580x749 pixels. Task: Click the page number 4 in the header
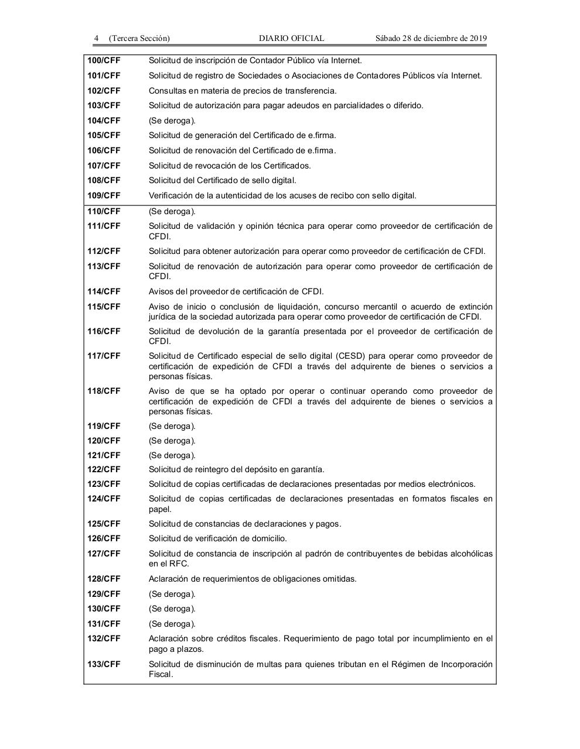96,39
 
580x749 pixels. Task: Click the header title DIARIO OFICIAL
291,39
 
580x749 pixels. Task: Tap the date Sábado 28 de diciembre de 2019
431,39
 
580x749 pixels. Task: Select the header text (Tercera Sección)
139,39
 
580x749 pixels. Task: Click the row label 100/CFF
104,60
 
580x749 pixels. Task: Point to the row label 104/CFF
104,121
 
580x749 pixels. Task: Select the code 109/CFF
104,195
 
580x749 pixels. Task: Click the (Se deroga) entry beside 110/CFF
172,211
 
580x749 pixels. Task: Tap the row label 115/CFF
104,307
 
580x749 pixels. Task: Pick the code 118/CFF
104,391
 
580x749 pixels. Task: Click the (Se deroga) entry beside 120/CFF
172,441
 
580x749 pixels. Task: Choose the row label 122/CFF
104,469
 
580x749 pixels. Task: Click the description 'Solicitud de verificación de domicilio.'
217,538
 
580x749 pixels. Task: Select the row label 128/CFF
104,579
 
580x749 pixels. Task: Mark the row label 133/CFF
104,664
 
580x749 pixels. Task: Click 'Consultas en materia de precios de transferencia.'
243,91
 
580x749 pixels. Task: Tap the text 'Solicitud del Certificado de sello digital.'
222,180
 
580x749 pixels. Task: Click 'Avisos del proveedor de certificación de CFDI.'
236,291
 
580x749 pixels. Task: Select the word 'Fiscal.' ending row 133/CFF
161,674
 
